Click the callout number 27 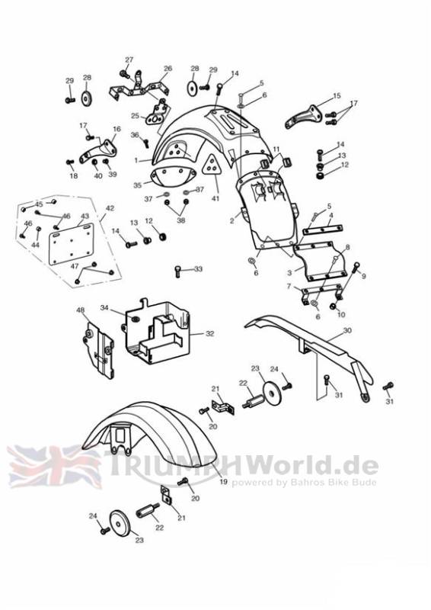click(129, 59)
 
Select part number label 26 click(168, 69)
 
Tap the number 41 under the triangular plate click(215, 198)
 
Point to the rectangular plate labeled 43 click(72, 244)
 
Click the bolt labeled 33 click(178, 271)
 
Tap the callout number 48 click(80, 310)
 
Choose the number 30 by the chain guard click(347, 330)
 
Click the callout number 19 click(223, 482)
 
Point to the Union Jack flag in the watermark click(54, 467)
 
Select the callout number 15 click(337, 95)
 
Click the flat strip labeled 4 click(323, 230)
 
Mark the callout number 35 click(138, 185)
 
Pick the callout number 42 click(110, 208)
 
